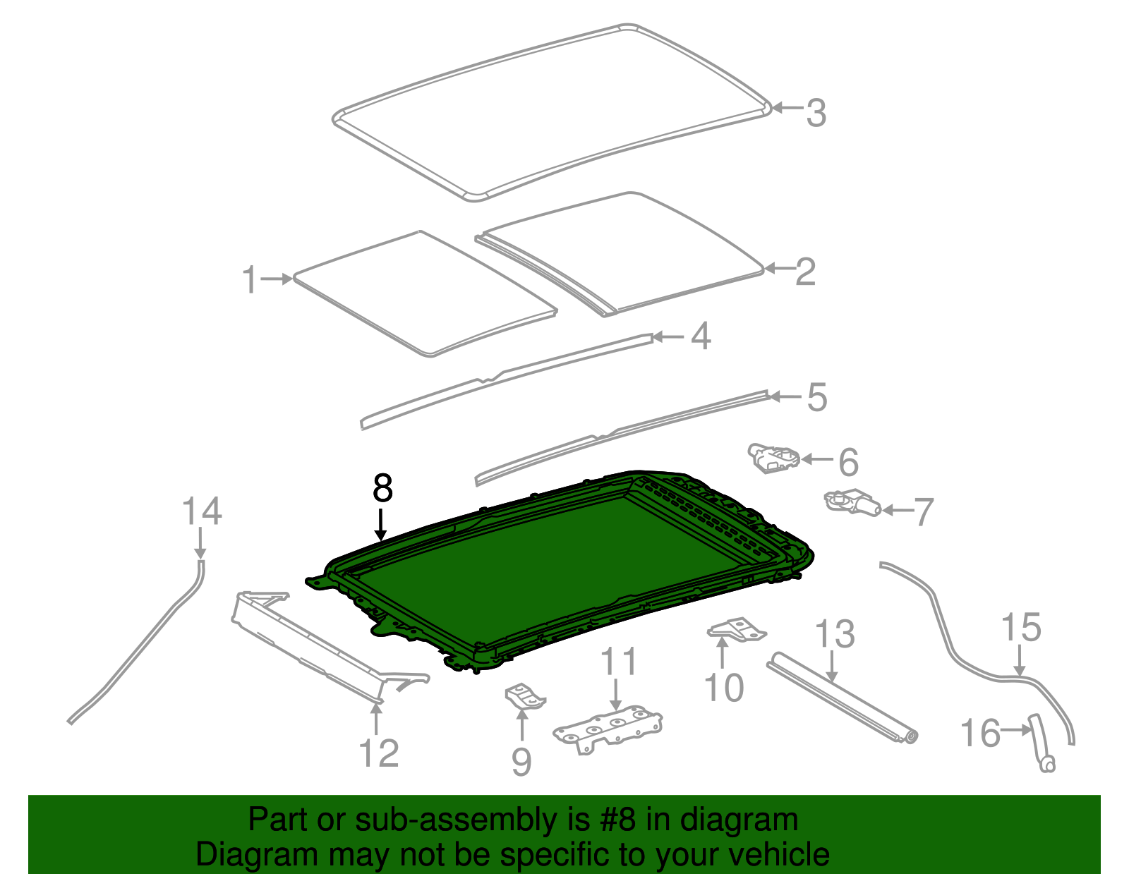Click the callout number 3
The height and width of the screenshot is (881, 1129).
click(816, 113)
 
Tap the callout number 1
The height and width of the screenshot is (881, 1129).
click(249, 280)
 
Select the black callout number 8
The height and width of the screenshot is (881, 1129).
click(382, 487)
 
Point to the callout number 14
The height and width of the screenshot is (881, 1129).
click(202, 511)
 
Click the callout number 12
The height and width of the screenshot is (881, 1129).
click(379, 753)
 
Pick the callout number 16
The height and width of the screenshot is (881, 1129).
click(981, 733)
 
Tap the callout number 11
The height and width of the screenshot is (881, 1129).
click(619, 662)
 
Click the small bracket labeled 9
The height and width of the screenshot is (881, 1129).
click(525, 697)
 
